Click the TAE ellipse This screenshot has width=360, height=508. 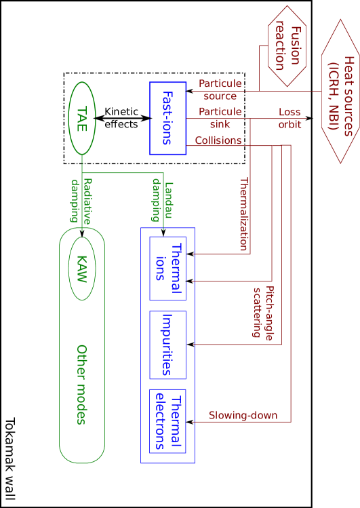coord(82,119)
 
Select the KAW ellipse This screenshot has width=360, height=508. coord(82,268)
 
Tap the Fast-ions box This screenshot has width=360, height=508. coord(167,118)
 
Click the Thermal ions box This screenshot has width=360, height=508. coord(167,268)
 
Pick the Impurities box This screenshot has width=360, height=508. coord(167,345)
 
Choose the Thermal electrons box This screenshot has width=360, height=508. coord(167,421)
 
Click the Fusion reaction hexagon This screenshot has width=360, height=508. coord(287,46)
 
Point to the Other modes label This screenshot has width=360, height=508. coord(81,385)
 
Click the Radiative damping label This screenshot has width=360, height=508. coord(81,200)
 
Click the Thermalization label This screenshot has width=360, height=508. coord(244,214)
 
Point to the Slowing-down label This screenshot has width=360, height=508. coord(243,415)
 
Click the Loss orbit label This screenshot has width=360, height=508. coord(289,118)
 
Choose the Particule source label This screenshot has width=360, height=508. coord(220,90)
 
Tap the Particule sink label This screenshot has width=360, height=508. coord(220,117)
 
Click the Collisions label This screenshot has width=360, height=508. coord(218,140)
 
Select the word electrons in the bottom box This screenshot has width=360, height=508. coord(159,421)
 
